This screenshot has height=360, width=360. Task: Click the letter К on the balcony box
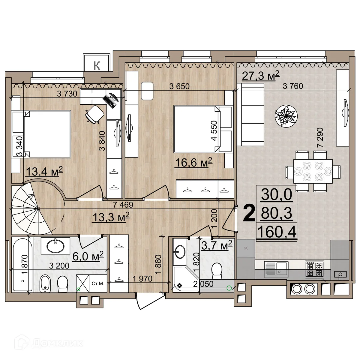[97, 65]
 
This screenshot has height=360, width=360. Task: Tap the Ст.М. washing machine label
[98, 283]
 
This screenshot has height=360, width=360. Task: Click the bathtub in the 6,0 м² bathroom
[22, 264]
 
